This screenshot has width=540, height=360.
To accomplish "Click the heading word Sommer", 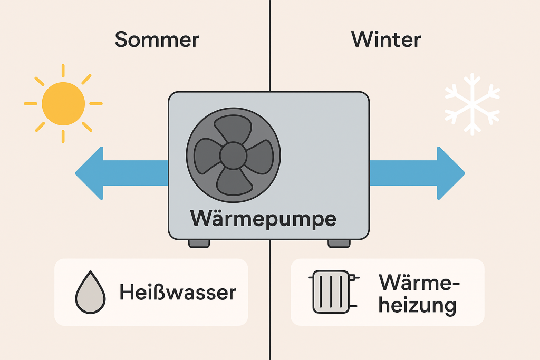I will tap(157, 40).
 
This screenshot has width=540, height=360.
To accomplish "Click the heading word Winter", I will tap(386, 40).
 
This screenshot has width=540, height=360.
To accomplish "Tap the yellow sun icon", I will tap(63, 103).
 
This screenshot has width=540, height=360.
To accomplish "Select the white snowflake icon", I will tap(472, 103).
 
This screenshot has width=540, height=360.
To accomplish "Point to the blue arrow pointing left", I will tap(116, 173).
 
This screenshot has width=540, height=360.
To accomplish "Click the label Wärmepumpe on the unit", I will tap(263, 218).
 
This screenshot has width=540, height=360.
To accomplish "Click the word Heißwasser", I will tap(177, 293).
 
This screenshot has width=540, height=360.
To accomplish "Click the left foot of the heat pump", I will tap(199, 243).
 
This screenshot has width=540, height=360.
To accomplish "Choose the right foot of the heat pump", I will tap(339, 243).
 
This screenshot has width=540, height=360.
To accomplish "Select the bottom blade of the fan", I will tap(233, 181).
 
